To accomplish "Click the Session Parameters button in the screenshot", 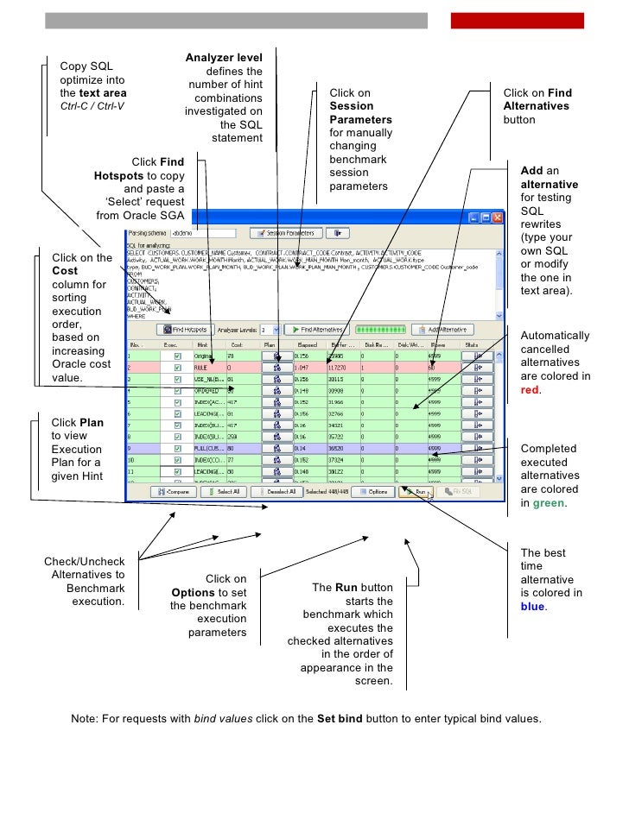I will click(286, 232).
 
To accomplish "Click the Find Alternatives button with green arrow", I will click(316, 329).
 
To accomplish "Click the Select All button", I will click(224, 491).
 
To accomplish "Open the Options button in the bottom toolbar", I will click(372, 491).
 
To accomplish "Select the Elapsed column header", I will click(306, 343).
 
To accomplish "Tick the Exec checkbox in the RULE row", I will click(178, 366).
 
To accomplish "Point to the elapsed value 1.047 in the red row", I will click(303, 366).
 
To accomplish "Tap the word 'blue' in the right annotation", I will click(533, 607).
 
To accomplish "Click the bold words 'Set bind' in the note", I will click(337, 718).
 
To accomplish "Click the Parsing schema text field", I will click(201, 232).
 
